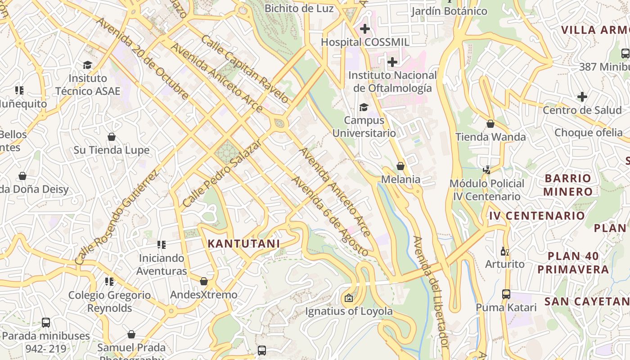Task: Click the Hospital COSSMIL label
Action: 365,42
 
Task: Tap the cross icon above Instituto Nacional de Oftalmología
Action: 392,62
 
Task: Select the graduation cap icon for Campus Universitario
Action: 364,107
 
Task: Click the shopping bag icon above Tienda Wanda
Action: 490,124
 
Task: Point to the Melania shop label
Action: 400,180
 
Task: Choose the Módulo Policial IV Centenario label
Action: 487,190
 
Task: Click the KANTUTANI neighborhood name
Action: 243,243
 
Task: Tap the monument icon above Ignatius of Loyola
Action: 348,298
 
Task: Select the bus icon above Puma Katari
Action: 506,294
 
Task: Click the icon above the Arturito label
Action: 504,251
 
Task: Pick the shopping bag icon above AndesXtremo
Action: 203,282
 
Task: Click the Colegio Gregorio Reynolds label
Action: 110,301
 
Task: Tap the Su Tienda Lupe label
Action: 111,150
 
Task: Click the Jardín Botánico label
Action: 449,11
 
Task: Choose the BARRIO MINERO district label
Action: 567,185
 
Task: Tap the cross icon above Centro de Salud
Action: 582,97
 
